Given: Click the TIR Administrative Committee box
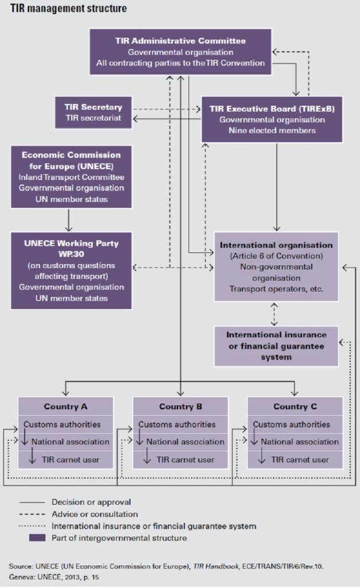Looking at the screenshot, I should pos(180,52).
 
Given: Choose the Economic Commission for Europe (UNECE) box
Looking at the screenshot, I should pos(71,177).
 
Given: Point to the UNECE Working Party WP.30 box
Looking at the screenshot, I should pos(71,270).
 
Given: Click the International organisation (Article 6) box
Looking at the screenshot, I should pos(276,267).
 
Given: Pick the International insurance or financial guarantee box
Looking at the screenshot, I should pos(276,345).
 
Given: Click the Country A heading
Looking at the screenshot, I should pos(65,407).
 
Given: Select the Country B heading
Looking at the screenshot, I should pos(180,407).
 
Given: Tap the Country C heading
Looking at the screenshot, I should pos(295,407).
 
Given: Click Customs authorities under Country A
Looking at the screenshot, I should pos(62,424).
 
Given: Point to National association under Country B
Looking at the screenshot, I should pos(185,442).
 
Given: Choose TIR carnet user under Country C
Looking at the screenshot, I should pos(300,459).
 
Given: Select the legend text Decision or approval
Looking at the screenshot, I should pos(91,502).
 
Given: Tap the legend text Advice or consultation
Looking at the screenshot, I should pos(95,514).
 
